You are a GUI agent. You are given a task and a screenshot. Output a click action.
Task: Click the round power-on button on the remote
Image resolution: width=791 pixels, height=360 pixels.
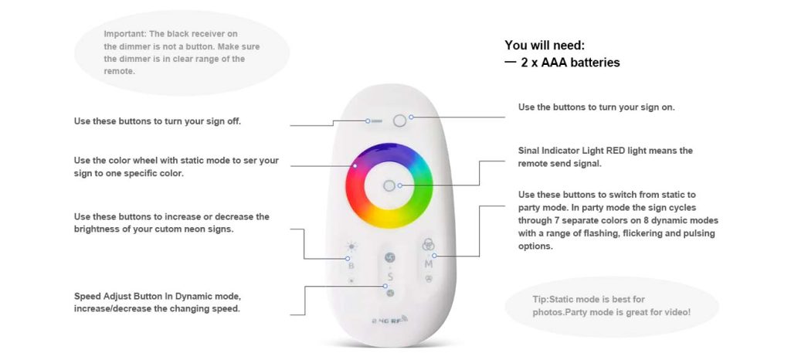pos(399,121)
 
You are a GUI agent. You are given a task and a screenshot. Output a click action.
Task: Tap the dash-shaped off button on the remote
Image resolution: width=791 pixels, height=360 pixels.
pos(376,121)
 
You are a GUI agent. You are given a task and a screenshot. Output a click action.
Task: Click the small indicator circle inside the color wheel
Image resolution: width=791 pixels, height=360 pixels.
pos(389,185)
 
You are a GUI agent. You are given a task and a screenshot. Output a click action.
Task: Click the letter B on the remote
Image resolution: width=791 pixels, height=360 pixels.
pos(351,265)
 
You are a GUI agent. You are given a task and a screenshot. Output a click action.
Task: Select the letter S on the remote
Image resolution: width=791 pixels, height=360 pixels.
pos(390,277)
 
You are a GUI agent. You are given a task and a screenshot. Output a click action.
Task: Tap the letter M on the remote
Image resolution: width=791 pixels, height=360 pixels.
pos(429,263)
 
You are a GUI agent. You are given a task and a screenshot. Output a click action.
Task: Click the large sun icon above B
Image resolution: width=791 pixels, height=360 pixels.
pos(351,247)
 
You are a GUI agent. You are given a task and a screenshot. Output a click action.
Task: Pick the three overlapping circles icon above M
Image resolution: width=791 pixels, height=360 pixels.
pos(428,244)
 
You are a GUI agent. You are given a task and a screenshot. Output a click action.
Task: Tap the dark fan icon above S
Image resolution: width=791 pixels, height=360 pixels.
pos(390,258)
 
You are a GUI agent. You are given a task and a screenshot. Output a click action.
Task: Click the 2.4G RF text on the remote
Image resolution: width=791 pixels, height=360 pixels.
pos(390,320)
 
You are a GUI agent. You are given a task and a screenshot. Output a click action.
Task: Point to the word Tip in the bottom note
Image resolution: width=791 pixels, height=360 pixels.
pos(539,299)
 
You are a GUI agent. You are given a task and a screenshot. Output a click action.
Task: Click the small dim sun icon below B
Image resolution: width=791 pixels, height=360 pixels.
pos(351,280)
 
